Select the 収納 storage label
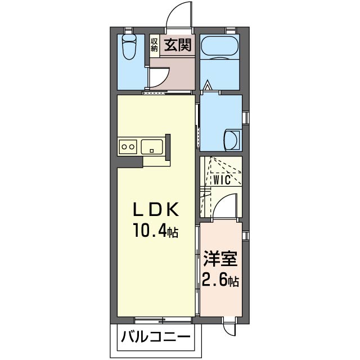[x=154, y=45]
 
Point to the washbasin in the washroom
[x=231, y=139]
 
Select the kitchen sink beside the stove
[x=152, y=147]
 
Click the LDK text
[x=156, y=210]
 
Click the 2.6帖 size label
[x=220, y=280]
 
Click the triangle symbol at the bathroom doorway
[x=208, y=87]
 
